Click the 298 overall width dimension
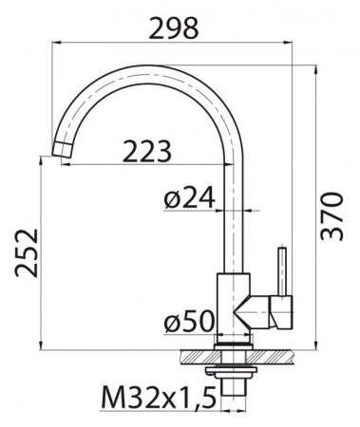pyautogui.click(x=174, y=28)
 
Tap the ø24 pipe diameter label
pyautogui.click(x=190, y=199)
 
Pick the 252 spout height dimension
pyautogui.click(x=28, y=252)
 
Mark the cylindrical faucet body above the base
pyautogui.click(x=232, y=304)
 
